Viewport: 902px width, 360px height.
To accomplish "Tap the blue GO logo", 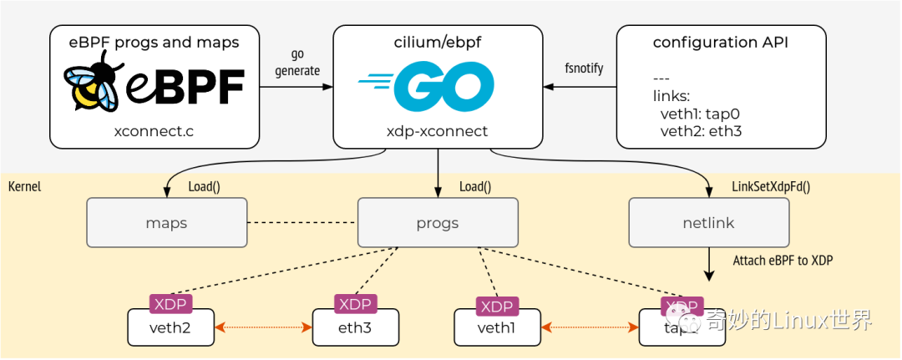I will click(426, 86).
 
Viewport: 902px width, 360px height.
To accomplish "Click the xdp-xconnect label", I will click(438, 131).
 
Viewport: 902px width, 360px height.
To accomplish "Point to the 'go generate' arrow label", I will click(297, 63).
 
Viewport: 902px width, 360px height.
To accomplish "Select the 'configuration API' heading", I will click(720, 42).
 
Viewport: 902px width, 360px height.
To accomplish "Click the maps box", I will click(166, 223).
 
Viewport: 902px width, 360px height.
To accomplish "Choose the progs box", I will click(438, 223).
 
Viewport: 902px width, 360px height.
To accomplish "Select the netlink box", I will click(708, 223).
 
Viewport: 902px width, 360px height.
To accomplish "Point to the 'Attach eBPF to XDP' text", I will click(783, 261).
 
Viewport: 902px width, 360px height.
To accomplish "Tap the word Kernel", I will click(24, 186).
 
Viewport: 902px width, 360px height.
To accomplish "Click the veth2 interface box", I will click(170, 327).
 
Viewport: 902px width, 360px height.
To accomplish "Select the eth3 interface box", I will click(354, 327).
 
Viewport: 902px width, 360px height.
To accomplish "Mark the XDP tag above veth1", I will click(496, 306).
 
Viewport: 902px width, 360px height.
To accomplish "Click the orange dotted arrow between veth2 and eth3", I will click(263, 327).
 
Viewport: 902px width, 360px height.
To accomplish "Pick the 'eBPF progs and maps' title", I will click(154, 42).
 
